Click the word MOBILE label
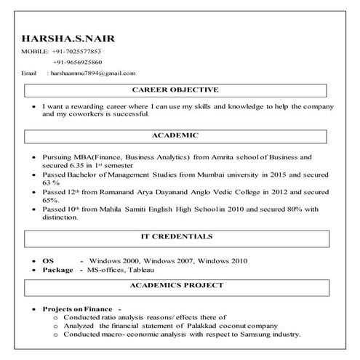pyautogui.click(x=35, y=52)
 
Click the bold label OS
pyautogui.click(x=48, y=260)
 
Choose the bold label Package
pyautogui.click(x=57, y=269)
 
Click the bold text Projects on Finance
pyautogui.click(x=76, y=308)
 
